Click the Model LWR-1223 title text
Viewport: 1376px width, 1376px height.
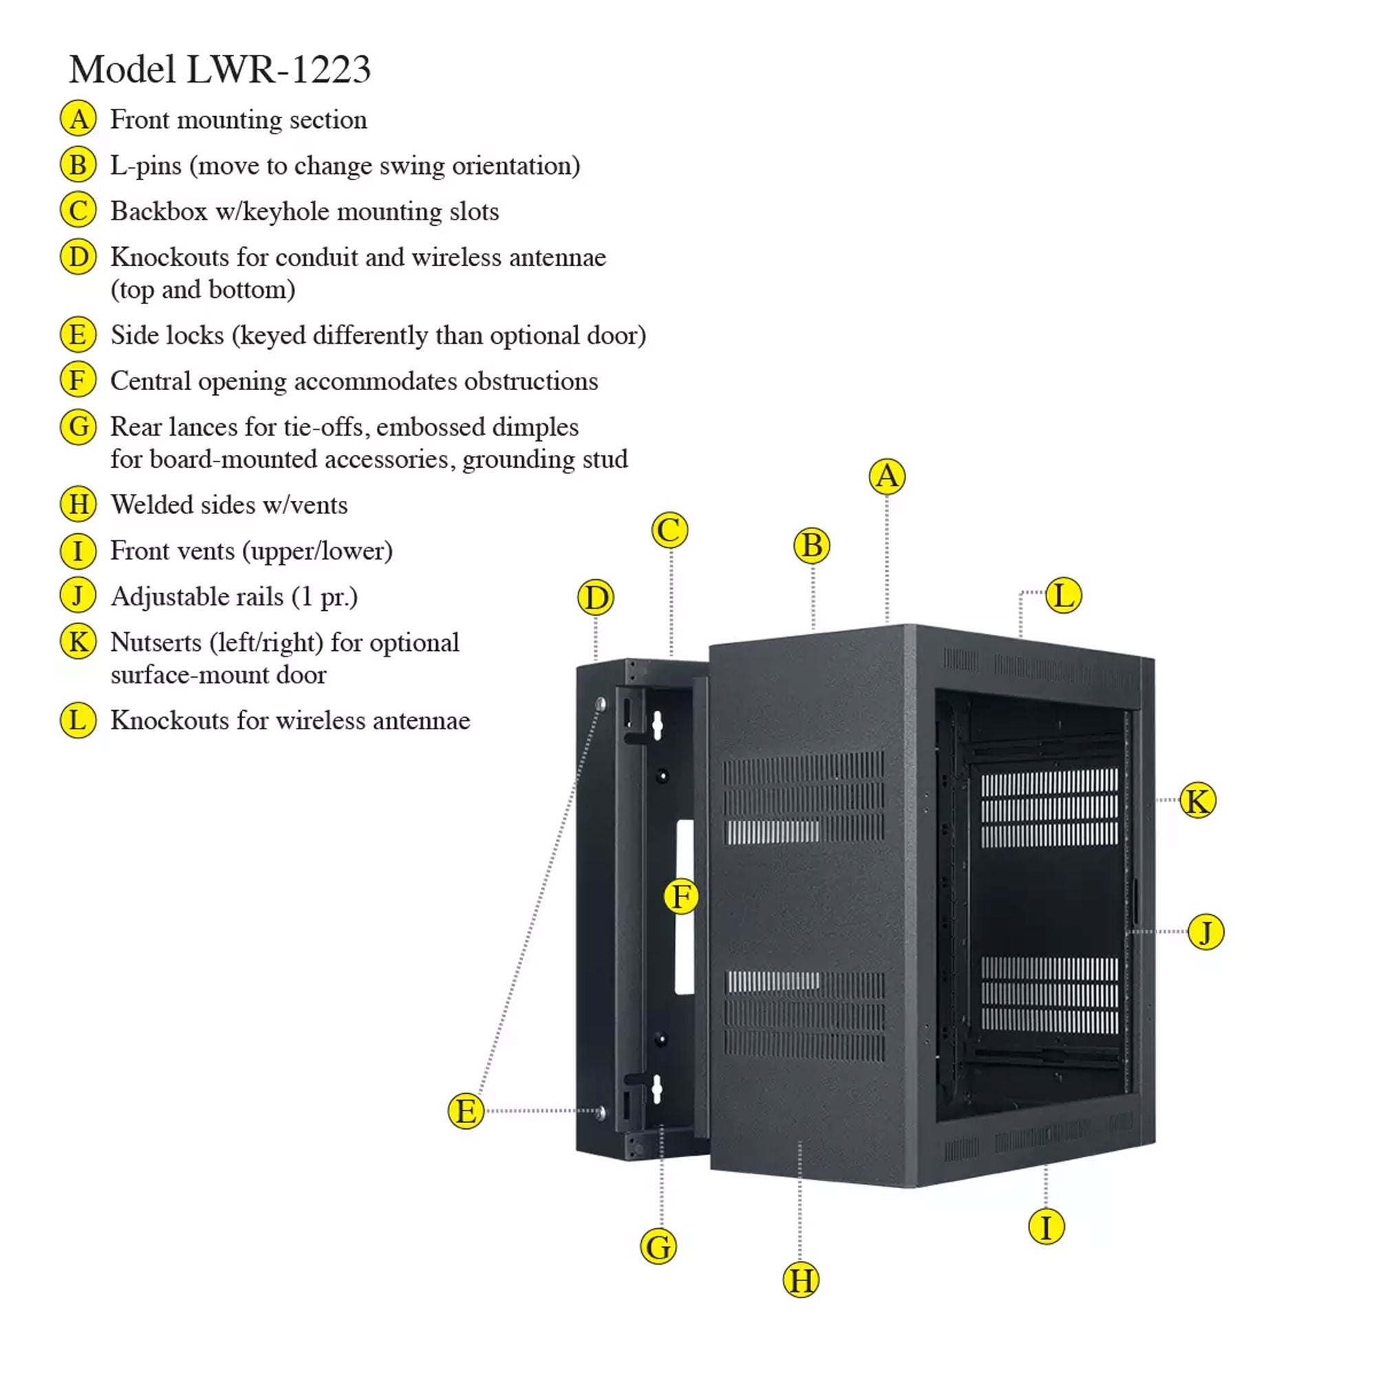click(219, 69)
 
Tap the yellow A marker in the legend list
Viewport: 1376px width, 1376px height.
click(78, 119)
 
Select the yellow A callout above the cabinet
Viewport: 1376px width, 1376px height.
click(887, 476)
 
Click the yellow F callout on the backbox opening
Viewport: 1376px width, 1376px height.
click(681, 896)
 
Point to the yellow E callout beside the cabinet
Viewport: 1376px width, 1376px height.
click(466, 1111)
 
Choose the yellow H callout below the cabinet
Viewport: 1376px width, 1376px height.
click(801, 1280)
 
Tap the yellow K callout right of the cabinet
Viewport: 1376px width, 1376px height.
click(1197, 801)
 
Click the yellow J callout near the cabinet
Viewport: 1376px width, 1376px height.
click(1206, 932)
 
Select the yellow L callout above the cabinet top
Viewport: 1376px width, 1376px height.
click(1064, 595)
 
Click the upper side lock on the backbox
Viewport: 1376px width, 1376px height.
click(601, 705)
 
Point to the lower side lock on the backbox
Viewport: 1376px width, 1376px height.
click(601, 1112)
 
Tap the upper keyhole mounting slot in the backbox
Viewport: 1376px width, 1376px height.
click(657, 725)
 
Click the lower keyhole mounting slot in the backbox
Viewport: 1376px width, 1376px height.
click(656, 1090)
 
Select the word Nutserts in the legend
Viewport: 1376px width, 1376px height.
click(156, 643)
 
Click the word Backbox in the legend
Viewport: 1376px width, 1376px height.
click(159, 211)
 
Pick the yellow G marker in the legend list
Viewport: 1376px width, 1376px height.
click(78, 427)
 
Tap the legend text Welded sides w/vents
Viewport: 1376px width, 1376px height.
click(228, 505)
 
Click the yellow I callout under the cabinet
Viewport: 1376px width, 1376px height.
click(1046, 1227)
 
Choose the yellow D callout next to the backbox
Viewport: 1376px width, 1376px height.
click(595, 598)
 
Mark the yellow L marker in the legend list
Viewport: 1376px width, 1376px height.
click(78, 720)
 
